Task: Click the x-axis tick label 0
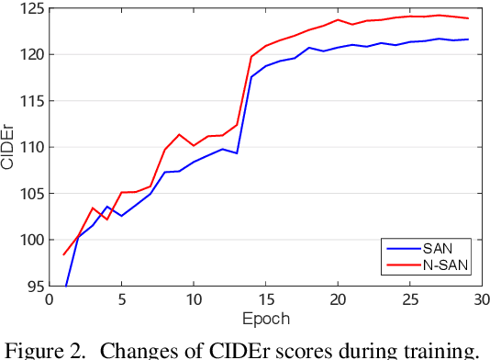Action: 50,300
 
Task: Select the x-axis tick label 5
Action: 122,300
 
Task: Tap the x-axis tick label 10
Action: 195,300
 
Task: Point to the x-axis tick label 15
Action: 267,300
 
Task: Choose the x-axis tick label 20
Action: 339,300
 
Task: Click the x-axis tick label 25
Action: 411,300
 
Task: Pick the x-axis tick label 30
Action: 481,300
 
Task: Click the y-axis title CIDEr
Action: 8,148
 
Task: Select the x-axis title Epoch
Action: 266,319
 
